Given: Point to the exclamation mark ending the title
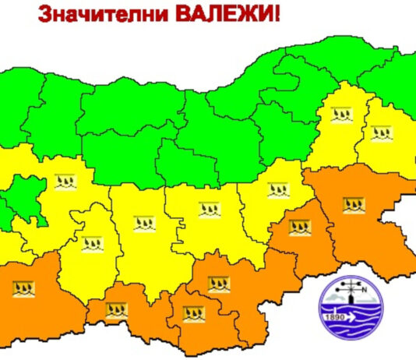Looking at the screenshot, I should click(277, 16).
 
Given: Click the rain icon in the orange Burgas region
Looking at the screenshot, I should click(352, 205).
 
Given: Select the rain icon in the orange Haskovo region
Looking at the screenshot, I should click(219, 284).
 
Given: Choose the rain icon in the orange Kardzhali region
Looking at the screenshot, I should click(193, 314).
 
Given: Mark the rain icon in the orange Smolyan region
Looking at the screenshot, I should click(116, 311).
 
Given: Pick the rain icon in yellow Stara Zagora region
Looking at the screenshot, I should click(209, 209).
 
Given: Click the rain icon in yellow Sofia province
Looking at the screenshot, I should click(65, 184).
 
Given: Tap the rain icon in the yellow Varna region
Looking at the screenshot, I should click(380, 132).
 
